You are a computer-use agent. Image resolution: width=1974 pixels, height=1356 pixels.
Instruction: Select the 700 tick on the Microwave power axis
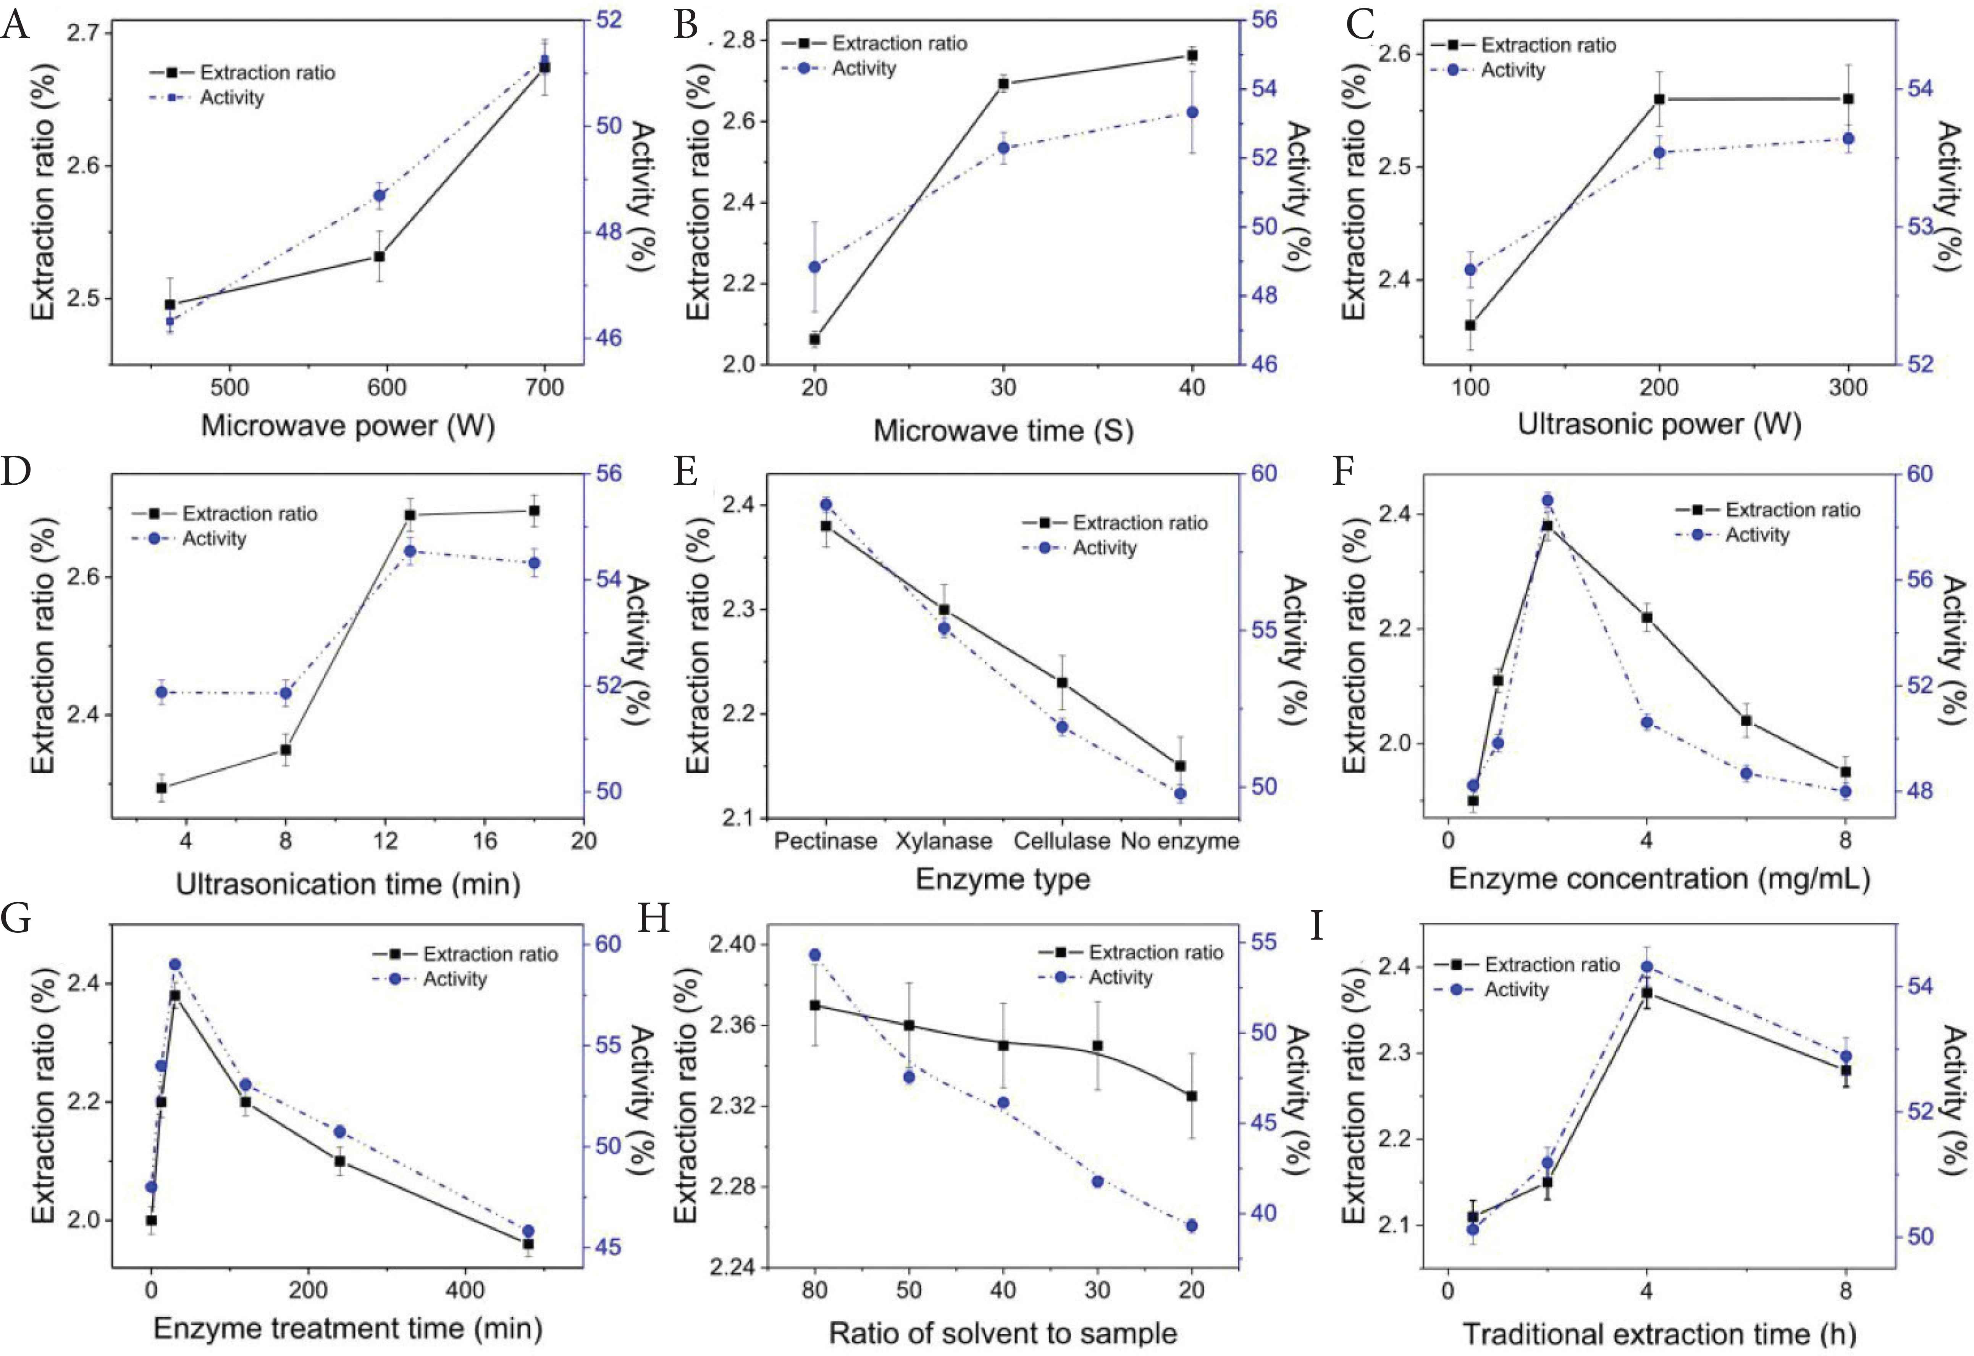pos(545,387)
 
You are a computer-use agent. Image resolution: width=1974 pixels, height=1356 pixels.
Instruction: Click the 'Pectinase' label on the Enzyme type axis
pos(825,841)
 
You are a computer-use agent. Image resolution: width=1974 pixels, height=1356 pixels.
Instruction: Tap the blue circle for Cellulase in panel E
pos(1061,726)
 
